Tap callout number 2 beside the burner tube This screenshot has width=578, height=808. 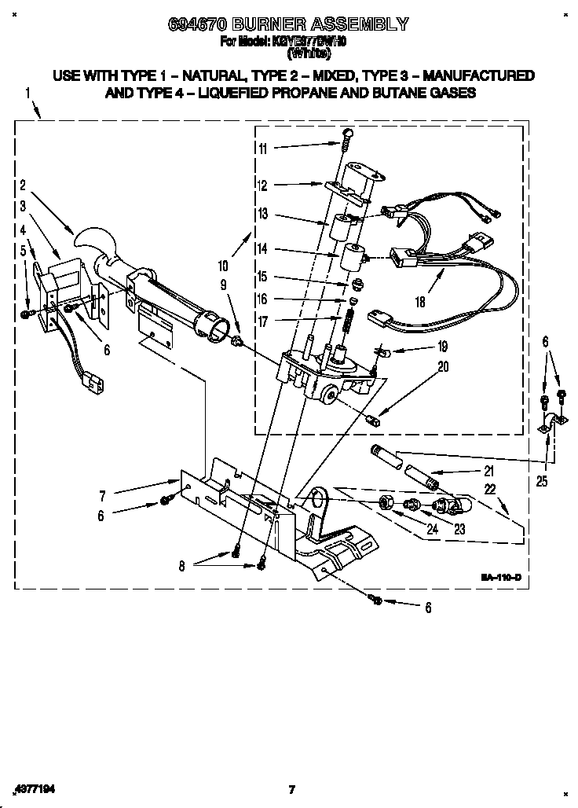coord(23,186)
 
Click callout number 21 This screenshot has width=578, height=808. coord(488,472)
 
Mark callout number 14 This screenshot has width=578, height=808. coord(262,248)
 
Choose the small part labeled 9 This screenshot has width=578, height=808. coord(236,340)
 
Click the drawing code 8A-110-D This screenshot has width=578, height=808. coord(500,578)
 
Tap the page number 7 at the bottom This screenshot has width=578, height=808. coord(291,789)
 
